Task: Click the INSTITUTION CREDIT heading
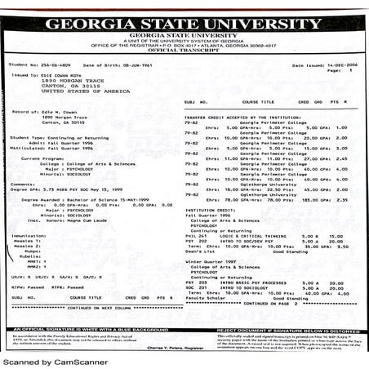tap(211, 210)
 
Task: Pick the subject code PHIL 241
tap(196, 236)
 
